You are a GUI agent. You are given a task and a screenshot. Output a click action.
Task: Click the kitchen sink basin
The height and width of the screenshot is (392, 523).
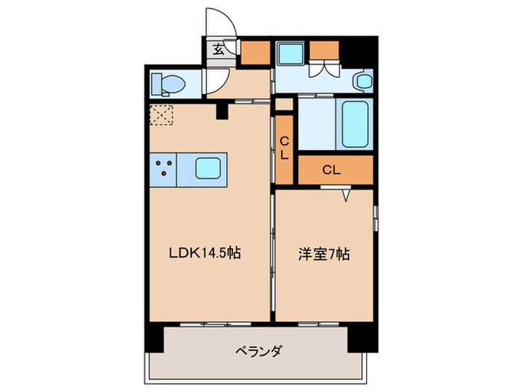(x=210, y=168)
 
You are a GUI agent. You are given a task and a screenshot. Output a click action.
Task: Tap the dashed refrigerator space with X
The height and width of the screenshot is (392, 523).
(x=161, y=115)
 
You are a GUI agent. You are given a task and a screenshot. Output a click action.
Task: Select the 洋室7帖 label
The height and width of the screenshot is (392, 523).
(x=324, y=254)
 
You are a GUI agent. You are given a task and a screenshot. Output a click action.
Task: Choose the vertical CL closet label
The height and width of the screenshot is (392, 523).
(x=285, y=147)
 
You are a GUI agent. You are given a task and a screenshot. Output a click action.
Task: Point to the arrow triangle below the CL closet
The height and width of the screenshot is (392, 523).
(x=347, y=196)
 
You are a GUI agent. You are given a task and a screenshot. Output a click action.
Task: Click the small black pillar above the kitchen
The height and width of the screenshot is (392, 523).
(x=220, y=111)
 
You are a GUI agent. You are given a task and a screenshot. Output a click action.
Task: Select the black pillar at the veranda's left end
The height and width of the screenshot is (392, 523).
(x=152, y=340)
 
